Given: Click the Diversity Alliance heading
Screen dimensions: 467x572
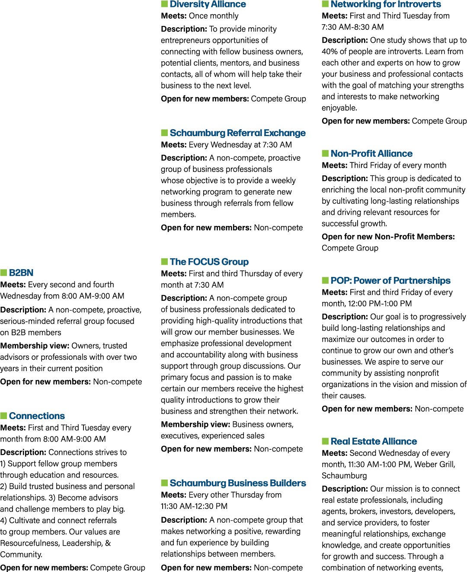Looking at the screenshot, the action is coord(208,4).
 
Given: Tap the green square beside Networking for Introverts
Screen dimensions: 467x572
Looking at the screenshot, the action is coord(325,4).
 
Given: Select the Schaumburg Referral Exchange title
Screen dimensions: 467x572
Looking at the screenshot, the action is coord(237,133).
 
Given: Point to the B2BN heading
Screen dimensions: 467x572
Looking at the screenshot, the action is coord(21,273).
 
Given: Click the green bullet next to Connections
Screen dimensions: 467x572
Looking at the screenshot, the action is coord(3,416).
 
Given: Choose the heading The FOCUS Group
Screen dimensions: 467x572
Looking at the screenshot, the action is coord(209,262).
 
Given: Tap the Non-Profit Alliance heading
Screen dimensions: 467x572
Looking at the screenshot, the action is coord(371,153).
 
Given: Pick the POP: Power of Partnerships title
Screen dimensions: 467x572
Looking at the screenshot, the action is coord(390,280).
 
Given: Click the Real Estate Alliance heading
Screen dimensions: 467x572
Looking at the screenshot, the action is coord(374,441).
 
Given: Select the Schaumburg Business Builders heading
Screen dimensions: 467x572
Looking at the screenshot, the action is coord(238,483).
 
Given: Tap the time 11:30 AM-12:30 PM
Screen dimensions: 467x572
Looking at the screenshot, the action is coord(194,506).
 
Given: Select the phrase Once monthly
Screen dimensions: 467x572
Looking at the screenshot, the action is coord(214,16).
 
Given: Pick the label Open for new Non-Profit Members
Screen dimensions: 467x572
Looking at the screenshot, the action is coord(388,237).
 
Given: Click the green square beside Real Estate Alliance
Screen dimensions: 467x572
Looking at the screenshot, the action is coord(325,441).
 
